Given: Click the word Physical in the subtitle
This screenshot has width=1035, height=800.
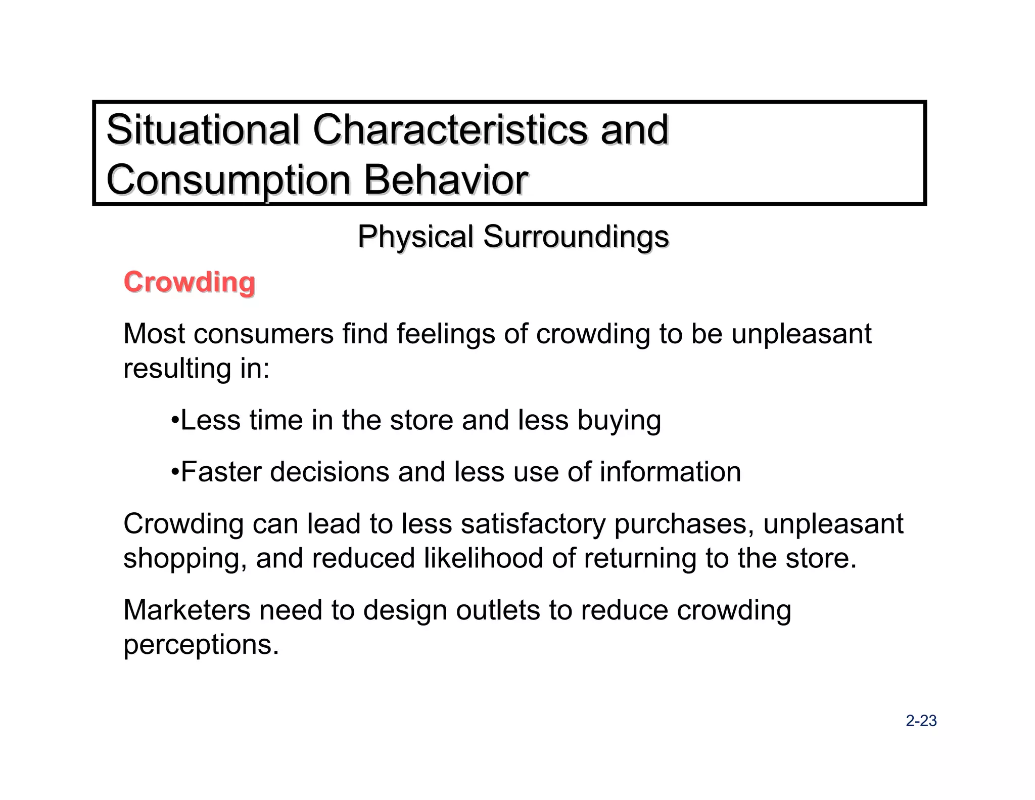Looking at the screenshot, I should click(415, 237).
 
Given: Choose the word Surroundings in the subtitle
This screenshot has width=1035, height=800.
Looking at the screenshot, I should click(576, 237).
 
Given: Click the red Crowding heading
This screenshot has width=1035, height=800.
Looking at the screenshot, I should click(190, 282).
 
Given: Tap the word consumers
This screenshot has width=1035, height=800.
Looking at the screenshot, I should click(263, 334).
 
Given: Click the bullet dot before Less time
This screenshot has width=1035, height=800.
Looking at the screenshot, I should click(175, 420).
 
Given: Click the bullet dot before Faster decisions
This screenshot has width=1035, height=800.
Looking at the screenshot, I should click(175, 472).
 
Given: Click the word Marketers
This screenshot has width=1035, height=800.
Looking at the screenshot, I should click(187, 610).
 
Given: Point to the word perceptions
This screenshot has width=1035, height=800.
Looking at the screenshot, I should click(201, 645).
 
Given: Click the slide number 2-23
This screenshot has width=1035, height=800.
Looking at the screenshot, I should click(921, 721).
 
